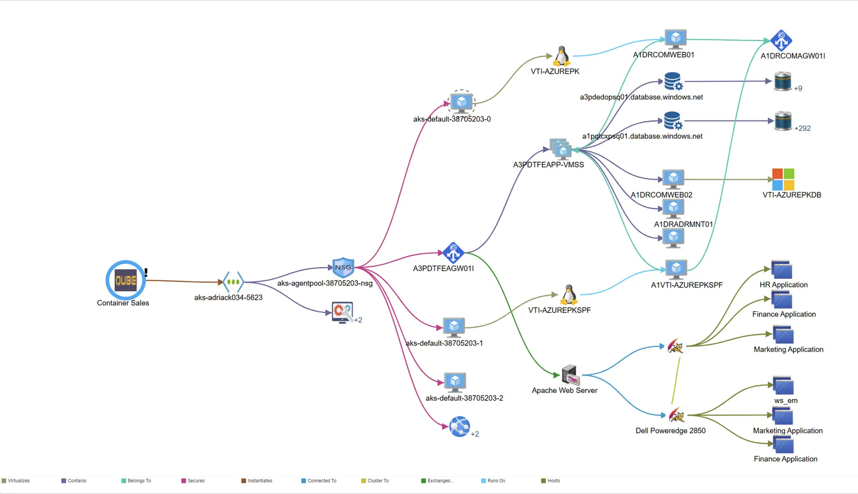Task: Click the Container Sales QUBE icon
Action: point(126,280)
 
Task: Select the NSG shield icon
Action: point(343,267)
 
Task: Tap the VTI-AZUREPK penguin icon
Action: point(562,56)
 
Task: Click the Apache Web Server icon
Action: point(570,375)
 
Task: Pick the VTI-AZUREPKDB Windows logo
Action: point(783,179)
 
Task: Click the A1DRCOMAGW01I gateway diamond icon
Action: point(781,41)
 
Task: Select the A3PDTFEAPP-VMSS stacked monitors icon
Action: point(560,149)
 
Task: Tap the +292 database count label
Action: point(802,128)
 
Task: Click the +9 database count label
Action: point(798,89)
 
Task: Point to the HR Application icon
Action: point(782,270)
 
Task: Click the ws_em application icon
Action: point(783,386)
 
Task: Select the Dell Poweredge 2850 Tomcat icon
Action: point(676,415)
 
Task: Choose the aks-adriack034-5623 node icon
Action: point(233,282)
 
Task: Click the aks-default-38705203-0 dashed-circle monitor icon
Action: point(462,102)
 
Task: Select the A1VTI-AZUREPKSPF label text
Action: point(686,285)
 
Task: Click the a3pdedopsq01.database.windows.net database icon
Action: point(673,81)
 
